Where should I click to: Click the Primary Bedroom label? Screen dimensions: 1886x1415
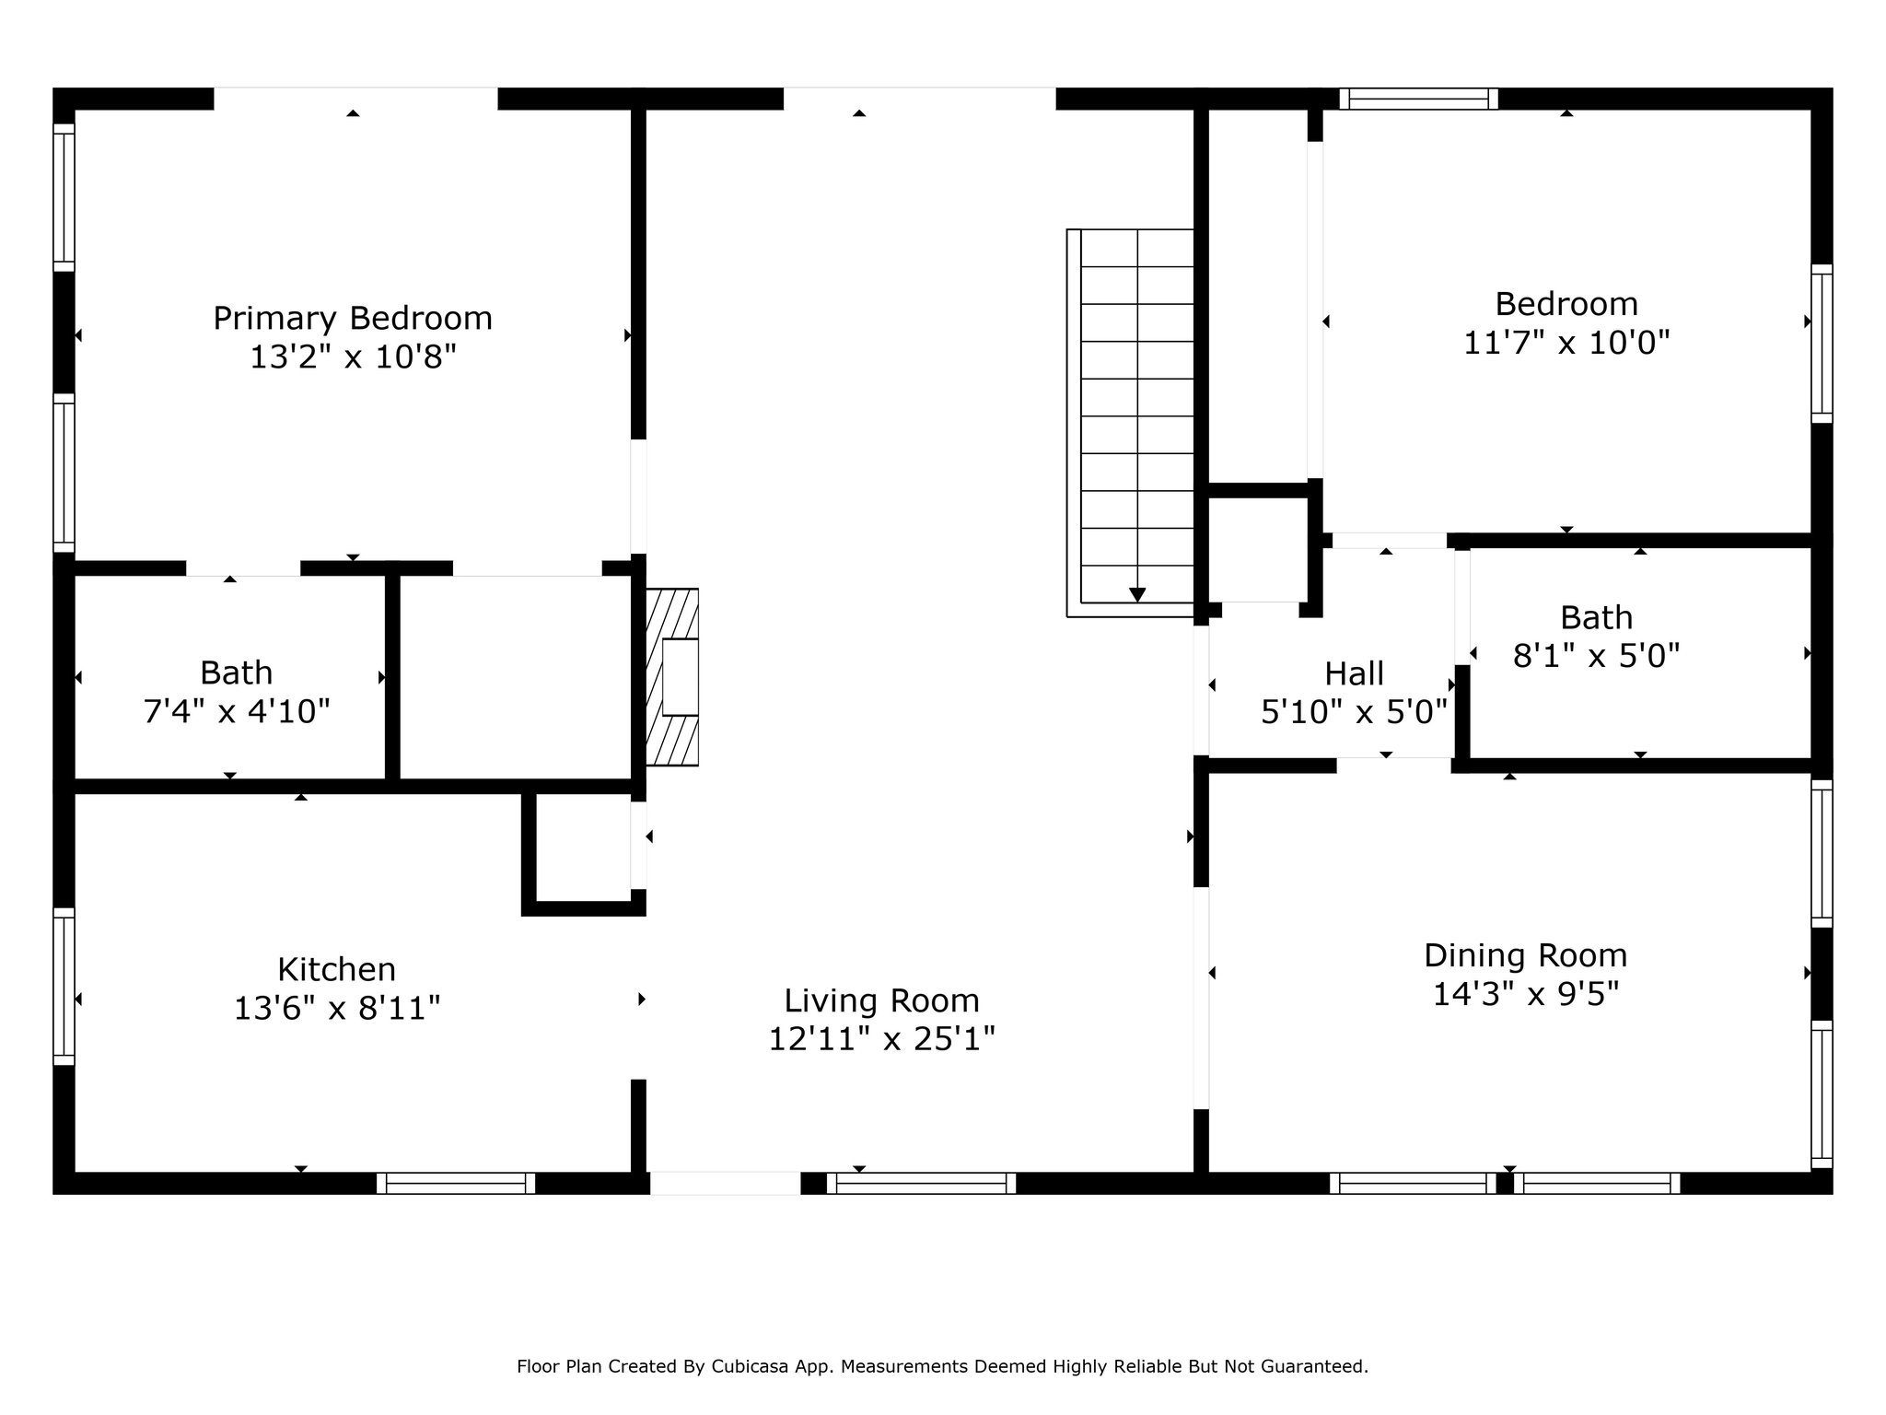point(353,319)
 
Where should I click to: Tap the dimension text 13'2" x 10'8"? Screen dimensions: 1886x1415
point(353,357)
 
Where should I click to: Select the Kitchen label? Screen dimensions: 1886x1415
point(336,969)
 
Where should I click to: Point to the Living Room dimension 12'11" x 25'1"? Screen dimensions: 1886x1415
point(881,1039)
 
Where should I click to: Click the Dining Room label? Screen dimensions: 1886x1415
point(1525,955)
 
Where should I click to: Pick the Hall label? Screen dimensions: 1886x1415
point(1354,674)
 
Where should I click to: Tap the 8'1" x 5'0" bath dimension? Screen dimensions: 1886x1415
point(1596,656)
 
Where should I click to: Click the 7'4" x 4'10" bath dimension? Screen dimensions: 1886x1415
point(237,711)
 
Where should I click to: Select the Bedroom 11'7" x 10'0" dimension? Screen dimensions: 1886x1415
point(1566,343)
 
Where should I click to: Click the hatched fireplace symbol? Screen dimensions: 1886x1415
point(672,677)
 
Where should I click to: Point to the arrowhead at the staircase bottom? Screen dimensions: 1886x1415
point(1137,595)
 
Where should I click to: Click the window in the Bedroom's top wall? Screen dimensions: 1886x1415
point(1418,99)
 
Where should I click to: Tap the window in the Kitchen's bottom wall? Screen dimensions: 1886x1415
point(456,1184)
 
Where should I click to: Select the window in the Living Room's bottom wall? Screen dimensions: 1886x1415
point(921,1184)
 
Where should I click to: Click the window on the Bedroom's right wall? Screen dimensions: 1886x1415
point(1822,344)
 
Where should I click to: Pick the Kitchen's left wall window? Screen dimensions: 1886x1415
point(64,987)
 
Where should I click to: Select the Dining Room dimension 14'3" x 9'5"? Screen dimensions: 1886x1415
point(1525,995)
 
